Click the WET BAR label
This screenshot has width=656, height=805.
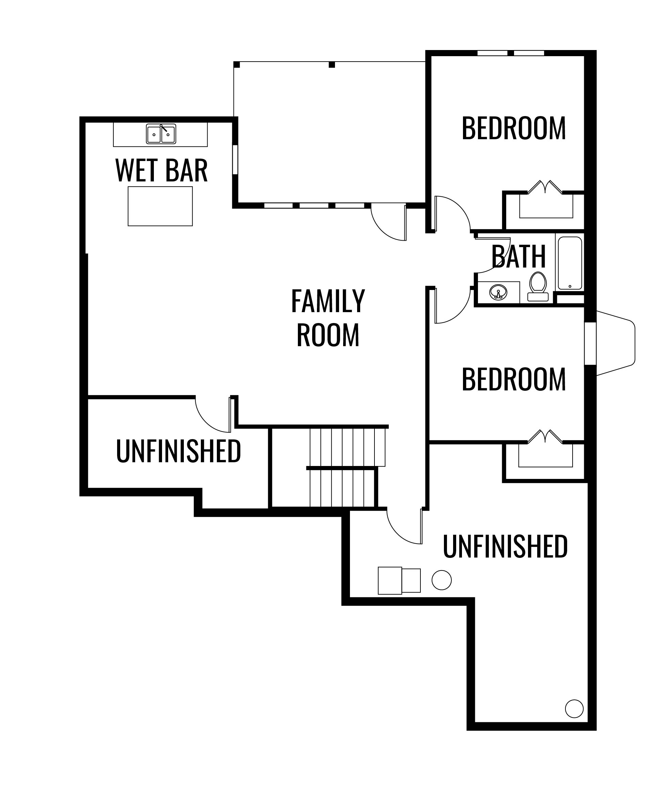[161, 171]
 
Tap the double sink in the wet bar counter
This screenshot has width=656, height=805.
[161, 134]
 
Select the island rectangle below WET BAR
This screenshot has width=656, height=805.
[160, 206]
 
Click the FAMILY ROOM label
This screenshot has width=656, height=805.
[328, 318]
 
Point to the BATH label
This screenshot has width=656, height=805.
[518, 257]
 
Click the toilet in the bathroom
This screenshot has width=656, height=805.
[538, 287]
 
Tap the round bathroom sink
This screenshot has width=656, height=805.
[498, 292]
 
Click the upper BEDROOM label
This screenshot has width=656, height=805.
[514, 128]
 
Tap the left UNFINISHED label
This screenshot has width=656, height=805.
[178, 451]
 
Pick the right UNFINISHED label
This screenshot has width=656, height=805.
[505, 546]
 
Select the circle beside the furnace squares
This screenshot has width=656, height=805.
[442, 580]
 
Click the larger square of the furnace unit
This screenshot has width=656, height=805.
[389, 581]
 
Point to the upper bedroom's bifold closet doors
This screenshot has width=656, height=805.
[545, 187]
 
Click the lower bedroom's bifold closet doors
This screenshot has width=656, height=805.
[545, 436]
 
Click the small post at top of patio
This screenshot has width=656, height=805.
[332, 65]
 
